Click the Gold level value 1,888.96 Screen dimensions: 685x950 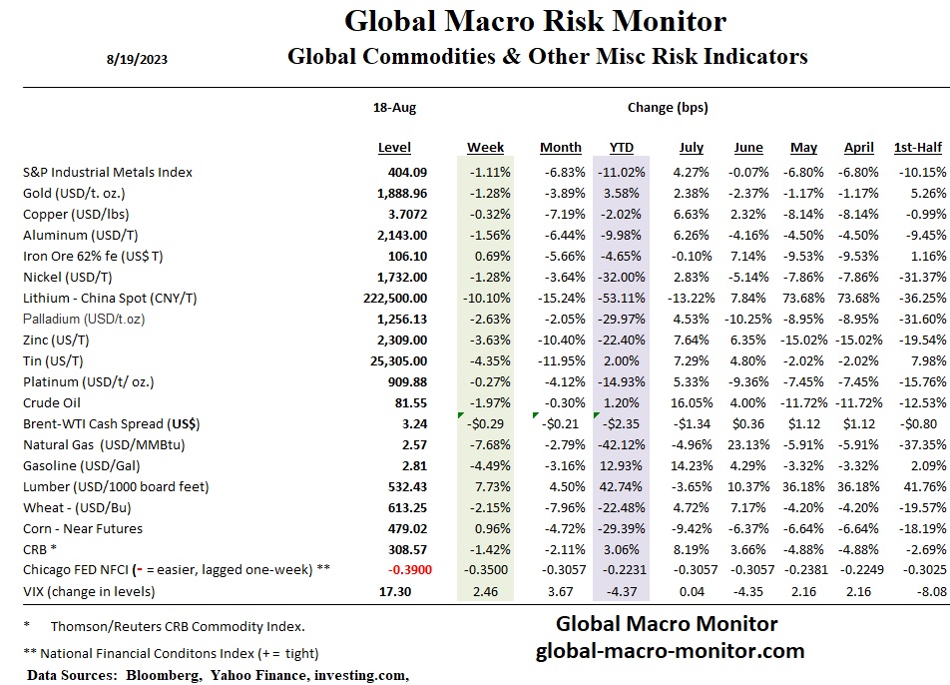tap(398, 193)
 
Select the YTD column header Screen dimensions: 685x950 tap(621, 148)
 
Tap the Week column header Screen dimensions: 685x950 tap(485, 148)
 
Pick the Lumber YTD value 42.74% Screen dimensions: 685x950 tap(625, 486)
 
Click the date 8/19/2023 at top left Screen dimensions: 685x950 tap(137, 59)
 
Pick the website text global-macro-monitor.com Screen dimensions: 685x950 tap(670, 651)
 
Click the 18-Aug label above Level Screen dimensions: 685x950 tap(394, 108)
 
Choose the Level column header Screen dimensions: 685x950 tap(394, 148)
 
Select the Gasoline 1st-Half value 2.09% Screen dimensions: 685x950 tap(927, 465)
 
